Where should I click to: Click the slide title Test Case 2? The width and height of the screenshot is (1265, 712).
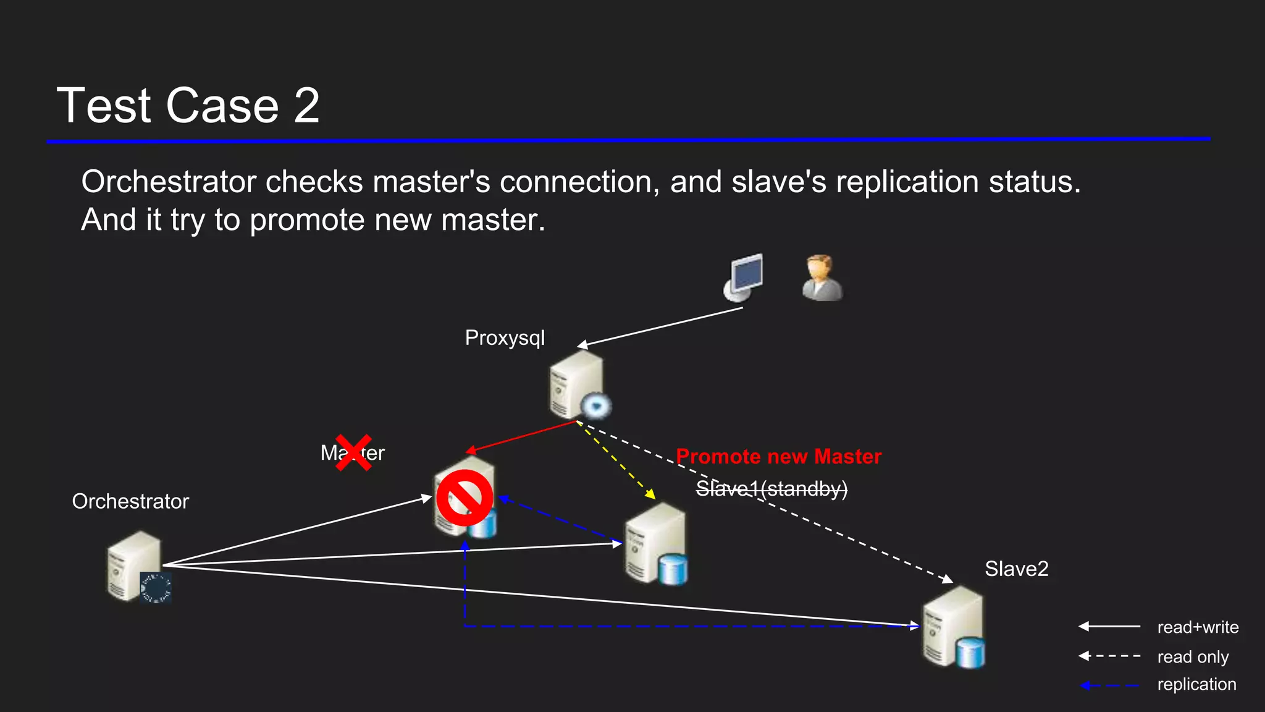click(188, 105)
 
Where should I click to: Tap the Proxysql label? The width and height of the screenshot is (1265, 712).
click(505, 338)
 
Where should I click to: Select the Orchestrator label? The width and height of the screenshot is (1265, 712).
click(130, 501)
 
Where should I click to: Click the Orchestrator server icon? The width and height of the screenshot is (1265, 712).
click(135, 566)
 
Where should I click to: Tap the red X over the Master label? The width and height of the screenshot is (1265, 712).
click(353, 452)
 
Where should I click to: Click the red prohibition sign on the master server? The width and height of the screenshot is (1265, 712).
click(464, 498)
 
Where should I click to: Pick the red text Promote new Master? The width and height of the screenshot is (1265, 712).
click(778, 456)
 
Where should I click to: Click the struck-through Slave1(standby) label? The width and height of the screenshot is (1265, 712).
click(771, 489)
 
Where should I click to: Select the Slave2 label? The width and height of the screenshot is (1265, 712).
click(1016, 569)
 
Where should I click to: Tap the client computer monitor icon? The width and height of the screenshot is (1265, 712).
click(744, 276)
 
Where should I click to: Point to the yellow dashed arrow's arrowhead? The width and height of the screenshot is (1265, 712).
click(650, 494)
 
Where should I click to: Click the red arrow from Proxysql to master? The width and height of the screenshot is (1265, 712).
click(522, 437)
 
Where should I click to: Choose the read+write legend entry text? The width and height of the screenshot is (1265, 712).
click(1198, 627)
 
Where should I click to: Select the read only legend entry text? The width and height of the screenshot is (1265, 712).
click(1193, 656)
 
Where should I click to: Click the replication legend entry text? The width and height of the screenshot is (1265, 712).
click(1196, 684)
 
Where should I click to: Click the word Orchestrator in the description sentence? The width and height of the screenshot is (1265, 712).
click(169, 182)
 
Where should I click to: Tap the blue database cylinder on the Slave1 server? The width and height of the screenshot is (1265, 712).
click(673, 570)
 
